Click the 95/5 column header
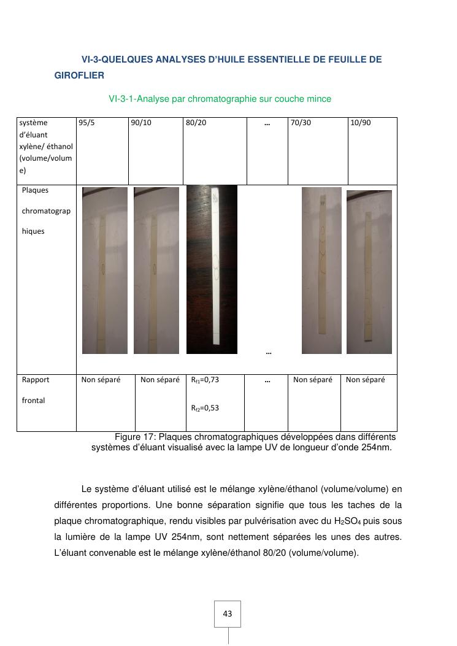click(x=87, y=123)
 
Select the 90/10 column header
click(x=140, y=123)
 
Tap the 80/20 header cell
click(x=197, y=123)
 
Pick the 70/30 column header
click(x=301, y=123)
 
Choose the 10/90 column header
click(x=361, y=123)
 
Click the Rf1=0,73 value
click(x=205, y=380)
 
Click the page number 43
click(x=228, y=613)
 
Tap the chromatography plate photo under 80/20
click(x=212, y=269)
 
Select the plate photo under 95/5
click(x=105, y=270)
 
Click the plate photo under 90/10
click(x=156, y=270)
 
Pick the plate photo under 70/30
click(x=321, y=270)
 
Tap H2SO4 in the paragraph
click(x=350, y=521)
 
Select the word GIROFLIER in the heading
click(x=79, y=75)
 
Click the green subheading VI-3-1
click(x=220, y=99)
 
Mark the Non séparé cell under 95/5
click(x=101, y=380)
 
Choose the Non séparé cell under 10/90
click(x=366, y=380)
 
